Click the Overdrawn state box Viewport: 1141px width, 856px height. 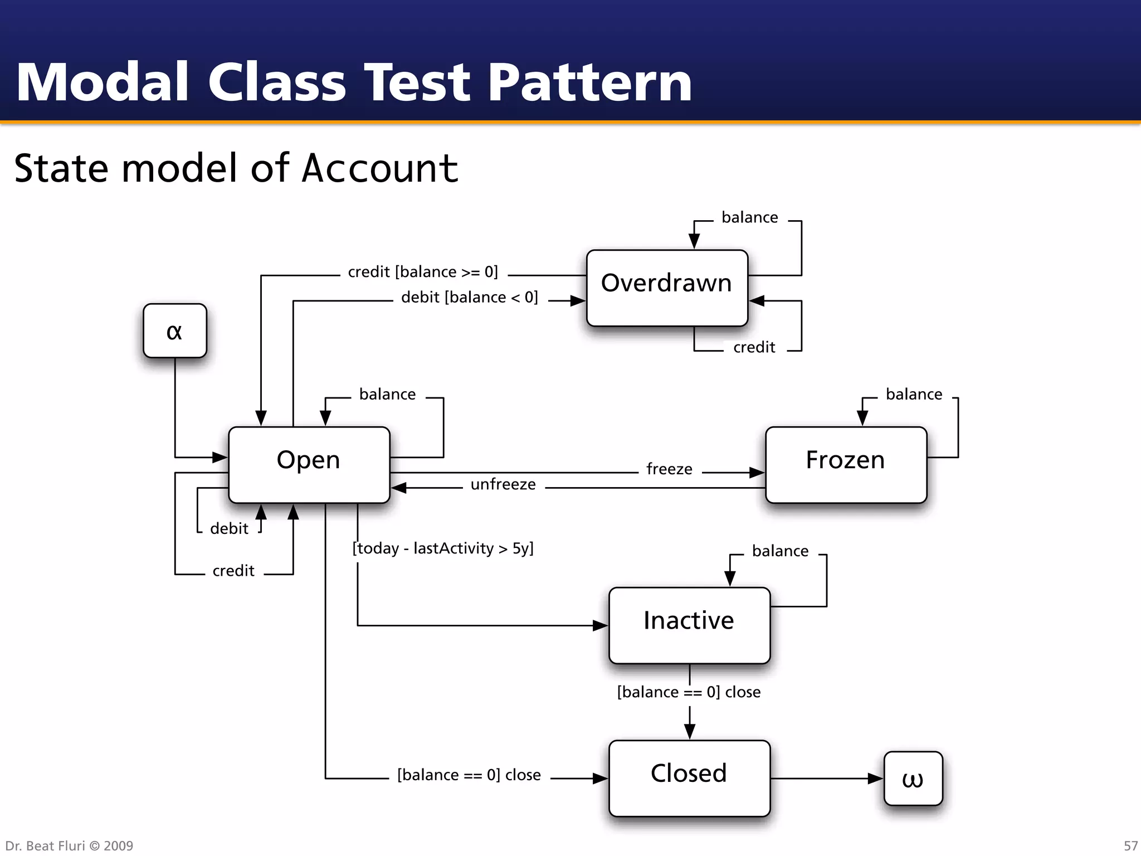(x=666, y=288)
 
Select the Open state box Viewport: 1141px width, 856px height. (x=309, y=464)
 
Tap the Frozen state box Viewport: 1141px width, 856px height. (x=845, y=464)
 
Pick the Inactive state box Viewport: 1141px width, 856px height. (x=689, y=625)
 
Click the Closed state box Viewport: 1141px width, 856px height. (x=689, y=777)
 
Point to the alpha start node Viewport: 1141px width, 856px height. (x=174, y=330)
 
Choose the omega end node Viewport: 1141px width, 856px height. (x=913, y=778)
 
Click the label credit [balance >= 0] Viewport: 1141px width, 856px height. (x=423, y=272)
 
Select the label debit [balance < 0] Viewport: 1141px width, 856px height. (x=469, y=298)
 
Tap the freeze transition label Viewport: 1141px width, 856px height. (x=669, y=469)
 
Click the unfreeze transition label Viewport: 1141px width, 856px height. (x=503, y=484)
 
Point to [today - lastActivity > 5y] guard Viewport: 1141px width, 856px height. (x=443, y=548)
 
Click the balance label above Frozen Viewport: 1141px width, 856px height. (x=914, y=395)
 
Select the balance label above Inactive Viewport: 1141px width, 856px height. (x=780, y=551)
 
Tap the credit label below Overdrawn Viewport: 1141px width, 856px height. (x=754, y=348)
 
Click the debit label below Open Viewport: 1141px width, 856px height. (x=229, y=529)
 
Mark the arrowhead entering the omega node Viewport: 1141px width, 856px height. (x=876, y=779)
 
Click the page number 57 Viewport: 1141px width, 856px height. (x=1130, y=846)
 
